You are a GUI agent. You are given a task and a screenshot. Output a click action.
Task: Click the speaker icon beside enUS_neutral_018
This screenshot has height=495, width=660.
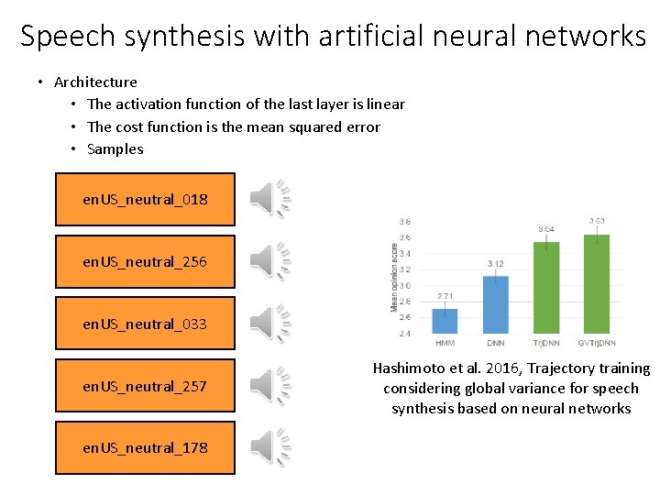pyautogui.click(x=271, y=198)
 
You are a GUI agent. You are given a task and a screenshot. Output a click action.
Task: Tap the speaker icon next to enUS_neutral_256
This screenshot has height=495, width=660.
pyautogui.click(x=271, y=261)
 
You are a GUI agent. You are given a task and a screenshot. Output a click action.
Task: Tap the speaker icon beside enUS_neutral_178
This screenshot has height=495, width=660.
pyautogui.click(x=271, y=447)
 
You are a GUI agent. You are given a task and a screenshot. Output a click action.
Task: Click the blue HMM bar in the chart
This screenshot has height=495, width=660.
pyautogui.click(x=445, y=321)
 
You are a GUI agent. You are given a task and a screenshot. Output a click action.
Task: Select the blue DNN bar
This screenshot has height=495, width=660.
pyautogui.click(x=496, y=304)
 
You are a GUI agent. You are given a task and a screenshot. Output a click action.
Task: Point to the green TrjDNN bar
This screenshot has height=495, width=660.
pyautogui.click(x=546, y=287)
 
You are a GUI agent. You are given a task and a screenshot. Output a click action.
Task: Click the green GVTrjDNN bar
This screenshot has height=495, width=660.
pyautogui.click(x=597, y=283)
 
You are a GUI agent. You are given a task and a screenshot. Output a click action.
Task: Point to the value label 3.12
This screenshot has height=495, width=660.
pyautogui.click(x=496, y=264)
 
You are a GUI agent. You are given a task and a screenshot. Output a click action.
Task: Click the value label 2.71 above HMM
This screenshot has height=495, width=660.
pyautogui.click(x=445, y=296)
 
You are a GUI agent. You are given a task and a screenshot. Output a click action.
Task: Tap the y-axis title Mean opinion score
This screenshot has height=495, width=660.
pyautogui.click(x=395, y=277)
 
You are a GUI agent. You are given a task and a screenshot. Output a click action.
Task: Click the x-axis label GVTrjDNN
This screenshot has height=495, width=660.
pyautogui.click(x=597, y=344)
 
